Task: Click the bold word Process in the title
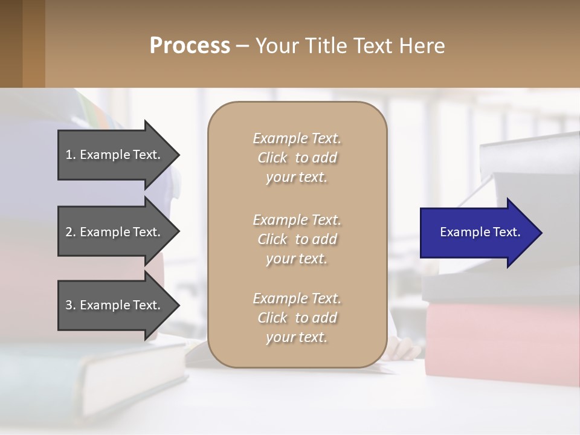tap(190, 46)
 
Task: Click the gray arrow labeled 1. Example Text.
tap(115, 155)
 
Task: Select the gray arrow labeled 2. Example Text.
tap(115, 232)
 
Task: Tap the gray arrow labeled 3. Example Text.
tap(115, 305)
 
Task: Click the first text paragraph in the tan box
tap(297, 158)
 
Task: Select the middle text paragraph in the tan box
tap(297, 239)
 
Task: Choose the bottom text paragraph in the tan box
tap(297, 318)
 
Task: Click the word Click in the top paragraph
tap(272, 158)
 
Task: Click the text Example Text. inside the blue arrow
tap(480, 232)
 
